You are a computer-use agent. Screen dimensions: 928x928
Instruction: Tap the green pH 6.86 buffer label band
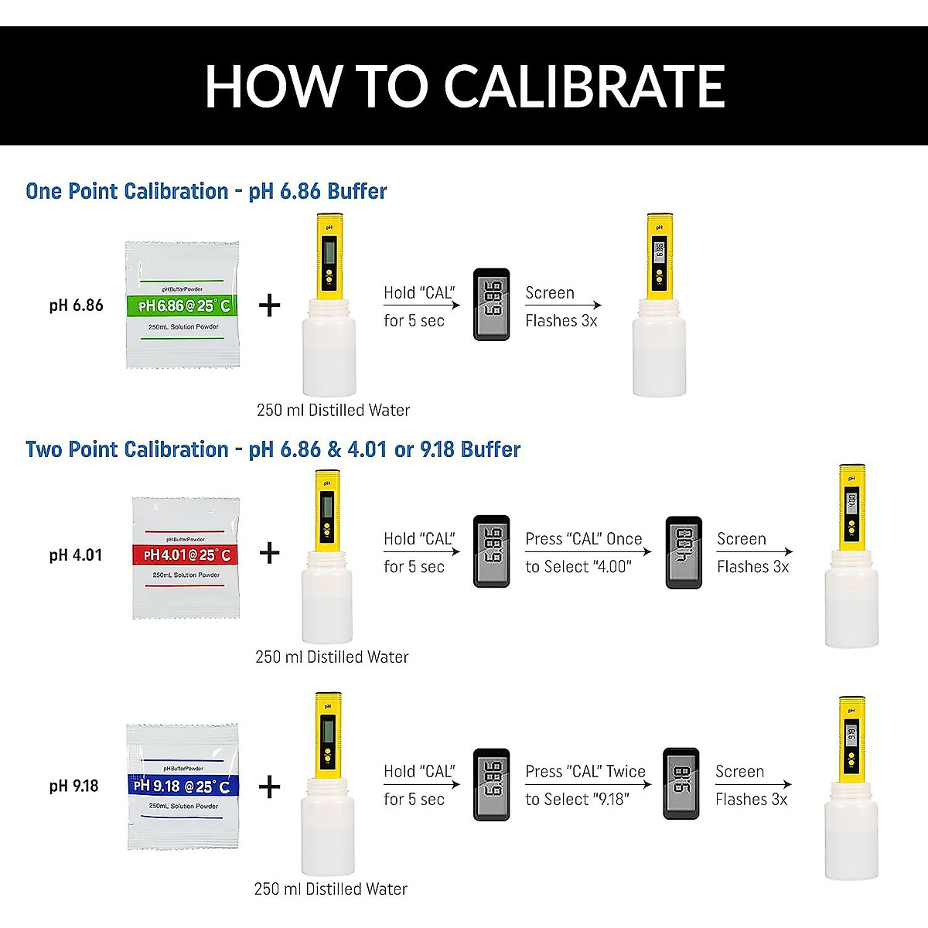coord(183,305)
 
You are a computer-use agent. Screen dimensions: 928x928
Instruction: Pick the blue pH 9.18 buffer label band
coord(183,786)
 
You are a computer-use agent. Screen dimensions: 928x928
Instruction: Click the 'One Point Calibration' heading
coord(127,191)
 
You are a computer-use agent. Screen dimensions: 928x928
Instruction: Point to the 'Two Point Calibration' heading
coord(127,449)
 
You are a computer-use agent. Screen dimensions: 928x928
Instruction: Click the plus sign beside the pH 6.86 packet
coord(269,306)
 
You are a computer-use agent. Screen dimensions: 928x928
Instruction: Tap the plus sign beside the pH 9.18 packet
coord(269,788)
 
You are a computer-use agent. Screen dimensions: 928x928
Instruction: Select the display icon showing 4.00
coord(684,552)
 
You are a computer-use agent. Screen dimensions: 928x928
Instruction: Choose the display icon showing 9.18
coord(681,783)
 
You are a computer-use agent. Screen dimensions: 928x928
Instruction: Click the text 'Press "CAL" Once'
coord(583,539)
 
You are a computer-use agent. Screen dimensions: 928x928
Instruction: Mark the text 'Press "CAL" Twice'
coord(585,772)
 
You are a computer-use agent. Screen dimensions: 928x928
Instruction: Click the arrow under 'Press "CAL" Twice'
coord(588,785)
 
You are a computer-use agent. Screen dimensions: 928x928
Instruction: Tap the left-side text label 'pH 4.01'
coord(76,555)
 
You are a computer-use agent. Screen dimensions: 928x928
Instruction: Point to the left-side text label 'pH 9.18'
coord(74,786)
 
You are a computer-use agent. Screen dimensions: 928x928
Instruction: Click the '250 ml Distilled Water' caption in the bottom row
coord(330,889)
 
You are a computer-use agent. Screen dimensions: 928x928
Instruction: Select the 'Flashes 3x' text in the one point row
coord(561,321)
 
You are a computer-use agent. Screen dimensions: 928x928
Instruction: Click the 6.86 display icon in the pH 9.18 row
coord(491,783)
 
